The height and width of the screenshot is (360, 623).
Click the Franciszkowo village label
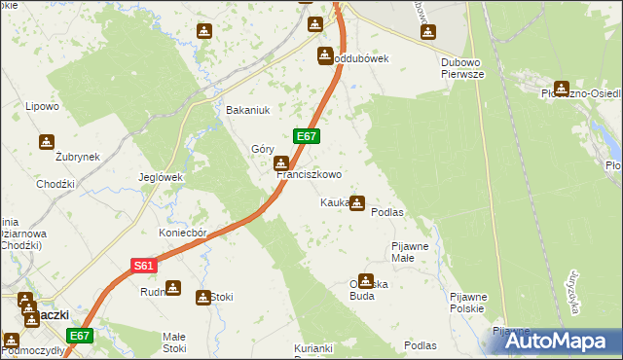pos(311,175)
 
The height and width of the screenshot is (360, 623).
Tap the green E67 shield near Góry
pos(305,138)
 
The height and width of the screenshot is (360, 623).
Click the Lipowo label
pos(43,106)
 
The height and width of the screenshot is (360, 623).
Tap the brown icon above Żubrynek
pos(46,142)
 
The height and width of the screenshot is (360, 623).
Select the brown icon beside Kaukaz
pos(357,203)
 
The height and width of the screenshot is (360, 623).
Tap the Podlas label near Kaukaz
pos(387,212)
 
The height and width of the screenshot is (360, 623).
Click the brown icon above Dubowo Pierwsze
pos(427,33)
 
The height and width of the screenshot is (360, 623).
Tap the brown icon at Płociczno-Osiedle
pos(561,90)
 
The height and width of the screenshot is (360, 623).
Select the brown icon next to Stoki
pos(203,297)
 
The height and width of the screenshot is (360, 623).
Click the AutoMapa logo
pos(552,341)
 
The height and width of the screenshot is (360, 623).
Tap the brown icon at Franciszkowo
pos(281,163)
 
